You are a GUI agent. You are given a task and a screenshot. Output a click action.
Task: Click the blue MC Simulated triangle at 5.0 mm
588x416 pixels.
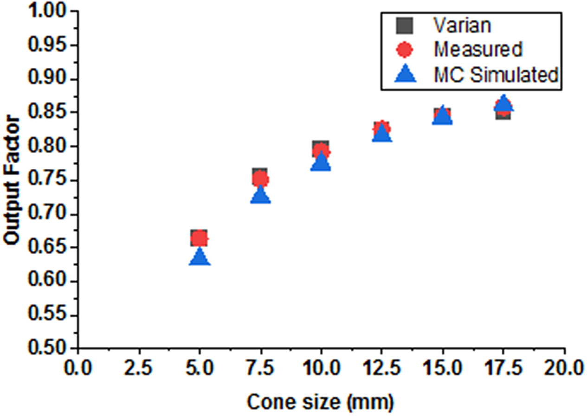coord(200,256)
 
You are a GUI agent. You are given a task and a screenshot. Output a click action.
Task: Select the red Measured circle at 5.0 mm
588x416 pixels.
coord(200,238)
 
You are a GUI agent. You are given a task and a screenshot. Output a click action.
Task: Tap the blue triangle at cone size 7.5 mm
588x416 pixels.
coord(260,195)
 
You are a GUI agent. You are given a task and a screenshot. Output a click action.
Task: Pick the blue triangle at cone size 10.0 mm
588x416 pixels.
coord(321,162)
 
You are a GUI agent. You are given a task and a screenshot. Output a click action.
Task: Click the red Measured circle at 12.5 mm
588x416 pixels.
coord(381,128)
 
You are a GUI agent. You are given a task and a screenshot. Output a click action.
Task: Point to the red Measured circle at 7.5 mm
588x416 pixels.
coord(260,179)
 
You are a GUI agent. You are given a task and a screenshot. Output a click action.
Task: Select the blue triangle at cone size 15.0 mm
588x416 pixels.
coord(442,115)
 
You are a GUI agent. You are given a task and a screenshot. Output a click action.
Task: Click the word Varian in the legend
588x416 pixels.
coord(462,26)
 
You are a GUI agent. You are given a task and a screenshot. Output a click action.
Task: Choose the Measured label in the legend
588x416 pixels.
coord(478,49)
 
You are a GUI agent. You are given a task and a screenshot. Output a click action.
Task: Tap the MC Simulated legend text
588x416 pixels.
coord(496,74)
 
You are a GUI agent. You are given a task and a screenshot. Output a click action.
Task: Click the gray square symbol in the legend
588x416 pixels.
coord(405,26)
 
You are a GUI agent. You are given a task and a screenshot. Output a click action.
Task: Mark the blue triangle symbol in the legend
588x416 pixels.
coord(405,74)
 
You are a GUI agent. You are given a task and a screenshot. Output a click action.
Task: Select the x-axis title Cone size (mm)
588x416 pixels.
coord(320,402)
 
